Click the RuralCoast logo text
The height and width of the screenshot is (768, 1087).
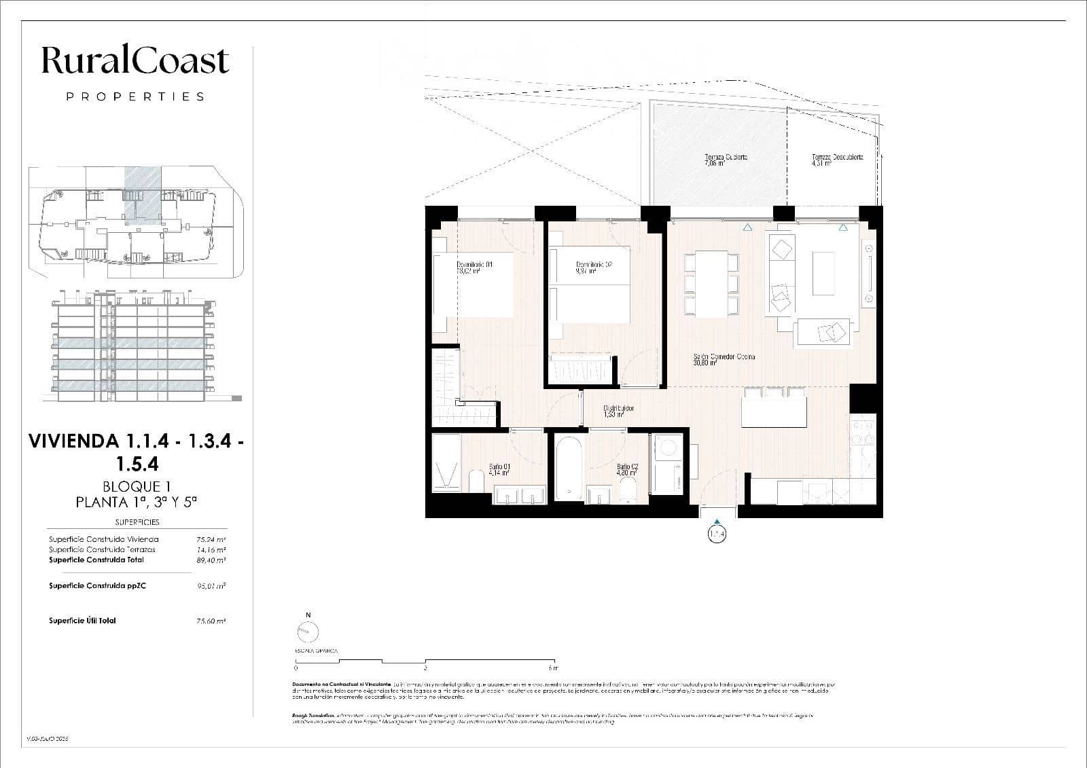pyautogui.click(x=135, y=60)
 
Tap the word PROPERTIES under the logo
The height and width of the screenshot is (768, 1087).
pyautogui.click(x=135, y=96)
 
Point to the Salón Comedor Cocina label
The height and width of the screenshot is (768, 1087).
pyautogui.click(x=724, y=359)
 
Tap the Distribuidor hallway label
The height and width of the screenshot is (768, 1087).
pyautogui.click(x=618, y=411)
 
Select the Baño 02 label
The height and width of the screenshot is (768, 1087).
pyautogui.click(x=627, y=469)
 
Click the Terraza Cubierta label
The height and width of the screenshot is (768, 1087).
pyautogui.click(x=726, y=160)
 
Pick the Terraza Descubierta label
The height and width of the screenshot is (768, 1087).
pyautogui.click(x=837, y=160)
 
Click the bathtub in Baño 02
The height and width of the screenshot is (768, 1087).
pyautogui.click(x=567, y=469)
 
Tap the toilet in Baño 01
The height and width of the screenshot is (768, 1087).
pyautogui.click(x=476, y=482)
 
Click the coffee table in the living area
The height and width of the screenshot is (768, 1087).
pyautogui.click(x=824, y=274)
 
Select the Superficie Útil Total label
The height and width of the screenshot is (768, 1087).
pyautogui.click(x=82, y=620)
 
